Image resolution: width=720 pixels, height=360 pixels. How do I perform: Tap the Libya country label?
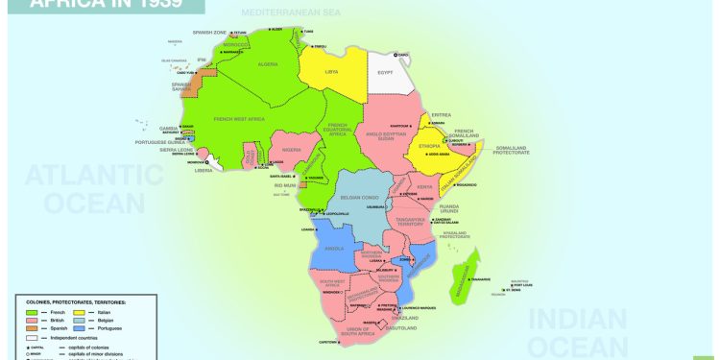click(332, 71)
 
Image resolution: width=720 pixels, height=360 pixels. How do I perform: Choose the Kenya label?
click(424, 186)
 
